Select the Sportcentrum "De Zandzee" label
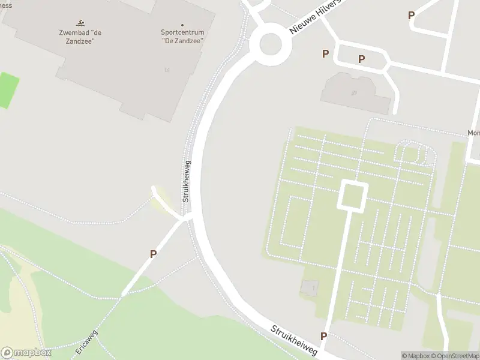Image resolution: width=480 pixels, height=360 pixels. pos(182,37)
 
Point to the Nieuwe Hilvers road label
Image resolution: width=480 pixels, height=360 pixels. pos(314,17)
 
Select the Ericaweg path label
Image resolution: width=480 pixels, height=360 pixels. pos(86,344)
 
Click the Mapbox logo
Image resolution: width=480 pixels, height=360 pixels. pos(26,353)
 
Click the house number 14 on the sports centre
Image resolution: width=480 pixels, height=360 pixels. pos(166,71)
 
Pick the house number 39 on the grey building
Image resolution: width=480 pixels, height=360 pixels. pos(355,93)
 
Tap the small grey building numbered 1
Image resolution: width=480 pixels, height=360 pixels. pos(311,289)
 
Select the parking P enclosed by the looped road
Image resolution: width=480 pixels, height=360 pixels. pos(361,59)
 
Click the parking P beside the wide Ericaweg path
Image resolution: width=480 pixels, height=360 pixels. pos(153,254)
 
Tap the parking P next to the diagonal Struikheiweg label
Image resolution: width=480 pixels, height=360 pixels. pos(324,336)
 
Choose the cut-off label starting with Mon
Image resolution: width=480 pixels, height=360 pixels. pos(473,134)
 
